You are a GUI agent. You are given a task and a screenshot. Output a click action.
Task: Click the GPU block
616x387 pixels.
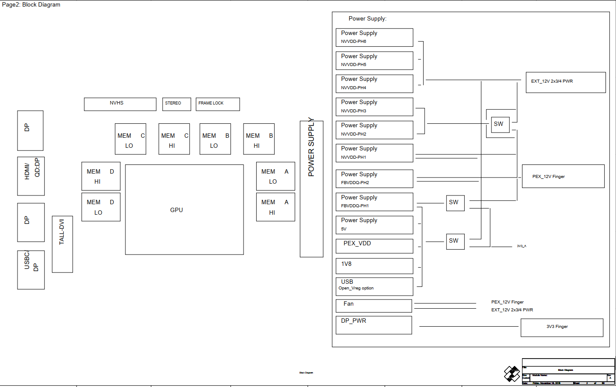(184, 209)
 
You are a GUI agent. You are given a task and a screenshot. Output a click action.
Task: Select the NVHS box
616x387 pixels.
(120, 104)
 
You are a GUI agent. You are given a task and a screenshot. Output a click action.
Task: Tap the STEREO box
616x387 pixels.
(177, 104)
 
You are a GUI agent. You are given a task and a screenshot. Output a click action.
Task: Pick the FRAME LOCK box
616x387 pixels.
(218, 104)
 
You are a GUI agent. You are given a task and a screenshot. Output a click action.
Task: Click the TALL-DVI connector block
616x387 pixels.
(63, 244)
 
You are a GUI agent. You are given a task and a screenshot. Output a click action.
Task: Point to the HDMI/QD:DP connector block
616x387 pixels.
(31, 176)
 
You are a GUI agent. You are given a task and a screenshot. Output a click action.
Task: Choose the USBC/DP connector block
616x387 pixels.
(31, 270)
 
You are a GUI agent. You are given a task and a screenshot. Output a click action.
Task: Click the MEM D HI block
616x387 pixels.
(101, 176)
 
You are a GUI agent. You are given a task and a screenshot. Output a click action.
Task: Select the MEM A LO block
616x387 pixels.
(275, 176)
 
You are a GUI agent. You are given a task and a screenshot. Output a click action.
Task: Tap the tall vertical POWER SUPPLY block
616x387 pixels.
(311, 189)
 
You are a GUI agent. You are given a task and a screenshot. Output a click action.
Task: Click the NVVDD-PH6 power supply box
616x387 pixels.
(374, 37)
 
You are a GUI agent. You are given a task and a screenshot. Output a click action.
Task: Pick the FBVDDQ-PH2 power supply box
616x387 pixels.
(374, 178)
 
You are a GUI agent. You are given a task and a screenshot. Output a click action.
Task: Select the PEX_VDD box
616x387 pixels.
(374, 246)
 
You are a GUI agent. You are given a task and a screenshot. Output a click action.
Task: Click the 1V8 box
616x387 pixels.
(374, 266)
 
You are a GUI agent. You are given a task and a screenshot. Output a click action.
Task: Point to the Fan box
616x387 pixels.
(374, 306)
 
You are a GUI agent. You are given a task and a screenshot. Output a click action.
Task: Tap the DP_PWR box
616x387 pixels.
(374, 325)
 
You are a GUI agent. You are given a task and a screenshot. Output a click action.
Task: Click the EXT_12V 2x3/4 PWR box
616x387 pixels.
(566, 82)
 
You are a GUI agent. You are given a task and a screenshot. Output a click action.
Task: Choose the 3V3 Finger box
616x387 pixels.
(562, 328)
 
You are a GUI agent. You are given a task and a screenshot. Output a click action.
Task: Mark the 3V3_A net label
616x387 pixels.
(522, 246)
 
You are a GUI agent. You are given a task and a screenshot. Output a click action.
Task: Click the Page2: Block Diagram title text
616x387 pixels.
(31, 5)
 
